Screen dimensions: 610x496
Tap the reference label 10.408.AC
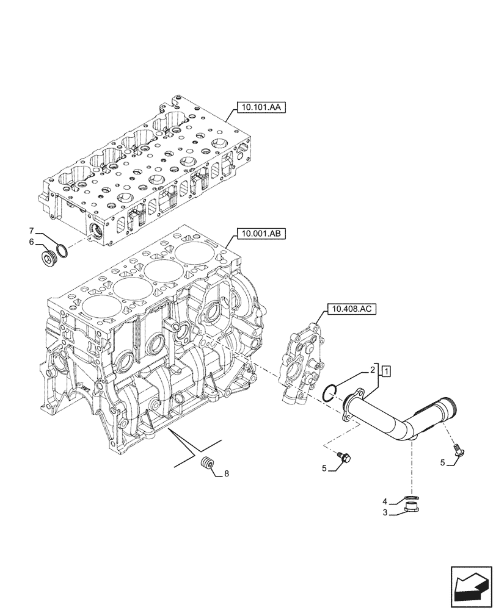coord(352,309)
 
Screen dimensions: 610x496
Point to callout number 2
coord(371,370)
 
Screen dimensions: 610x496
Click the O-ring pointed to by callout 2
coord(329,393)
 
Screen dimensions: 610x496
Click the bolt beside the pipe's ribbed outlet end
coord(458,450)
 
